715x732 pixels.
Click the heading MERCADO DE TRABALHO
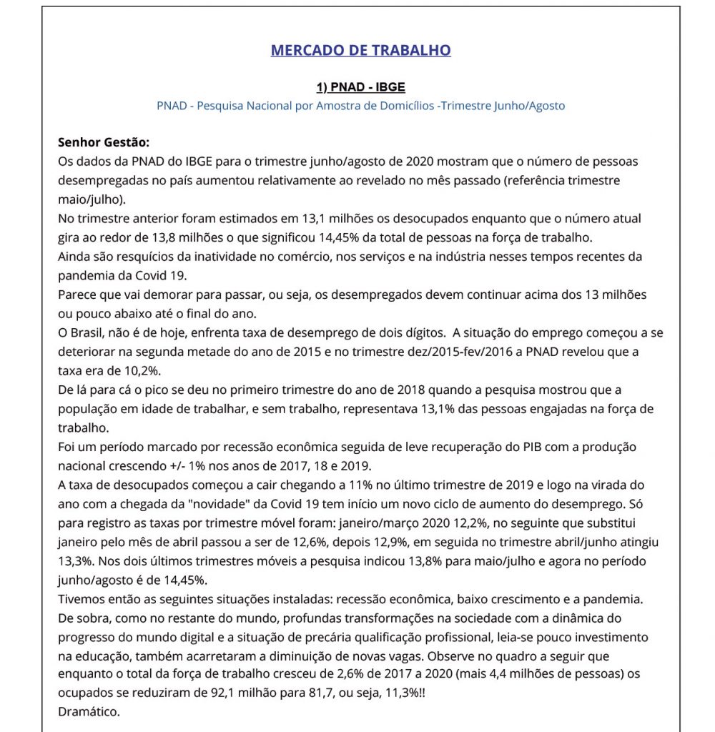point(360,50)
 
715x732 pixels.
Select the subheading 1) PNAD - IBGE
point(360,87)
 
